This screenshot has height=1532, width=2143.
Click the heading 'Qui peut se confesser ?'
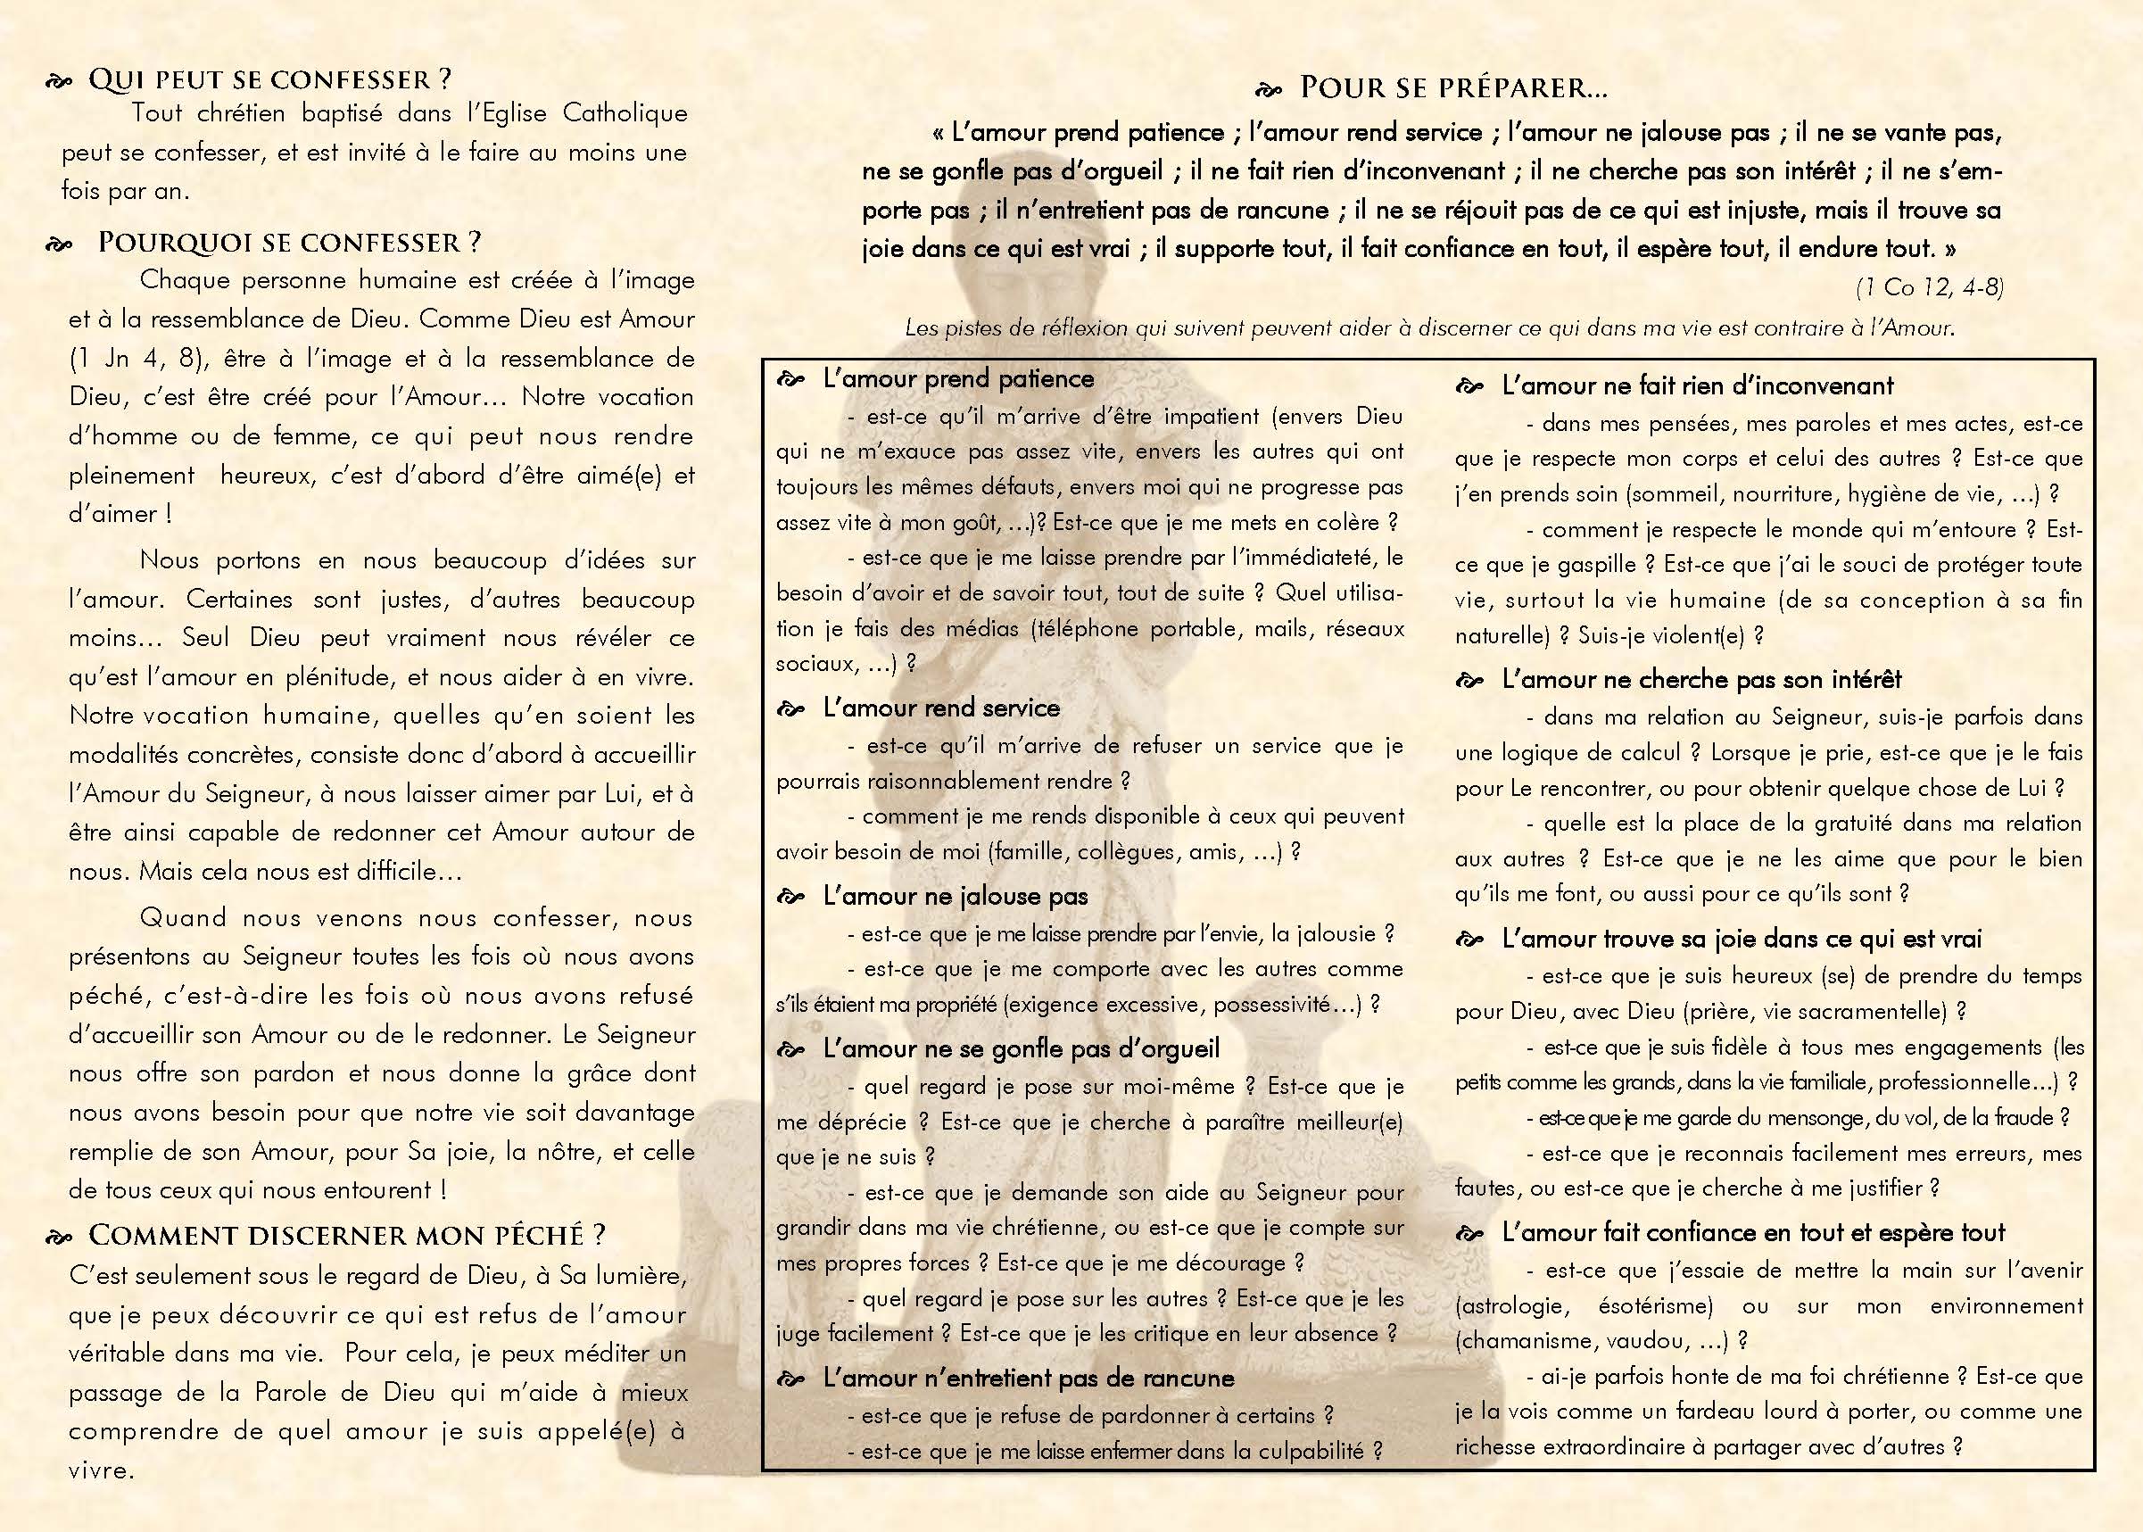tap(269, 79)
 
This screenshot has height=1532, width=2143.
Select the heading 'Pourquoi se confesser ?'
tap(289, 243)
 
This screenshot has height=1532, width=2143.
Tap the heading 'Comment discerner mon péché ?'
tap(346, 1235)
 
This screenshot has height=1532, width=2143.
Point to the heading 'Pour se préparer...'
tap(1452, 87)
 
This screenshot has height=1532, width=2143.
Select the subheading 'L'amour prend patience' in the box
tap(958, 379)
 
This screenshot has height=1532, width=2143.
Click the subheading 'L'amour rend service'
tap(941, 708)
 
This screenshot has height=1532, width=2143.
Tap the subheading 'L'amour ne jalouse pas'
tap(956, 896)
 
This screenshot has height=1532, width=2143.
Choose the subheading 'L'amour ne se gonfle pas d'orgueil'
tap(1021, 1048)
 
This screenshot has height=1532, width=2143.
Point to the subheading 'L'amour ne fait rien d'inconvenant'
tap(1698, 385)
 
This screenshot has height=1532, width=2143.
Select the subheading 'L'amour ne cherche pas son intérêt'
tap(1701, 679)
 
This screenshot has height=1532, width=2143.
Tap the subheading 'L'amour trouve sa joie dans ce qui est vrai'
tap(1742, 939)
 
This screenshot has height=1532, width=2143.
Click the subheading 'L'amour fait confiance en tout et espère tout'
tap(1753, 1233)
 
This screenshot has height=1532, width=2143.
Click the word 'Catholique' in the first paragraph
tap(625, 114)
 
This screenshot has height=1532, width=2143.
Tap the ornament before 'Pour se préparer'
tap(1269, 90)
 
